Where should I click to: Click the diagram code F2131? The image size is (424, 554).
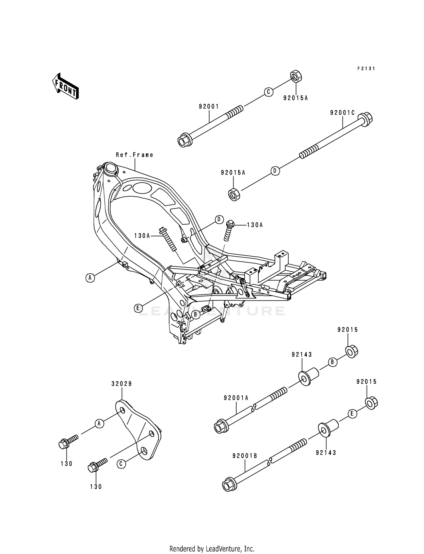pos(366,69)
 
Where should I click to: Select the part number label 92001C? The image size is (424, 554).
pos(342,113)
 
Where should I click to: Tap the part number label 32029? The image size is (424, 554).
pos(122,384)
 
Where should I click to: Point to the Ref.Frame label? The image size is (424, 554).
pos(135,155)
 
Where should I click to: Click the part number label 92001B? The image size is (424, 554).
pos(245,456)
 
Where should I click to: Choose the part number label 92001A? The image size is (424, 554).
pos(236,398)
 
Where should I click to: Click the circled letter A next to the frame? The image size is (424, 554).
pos(90,278)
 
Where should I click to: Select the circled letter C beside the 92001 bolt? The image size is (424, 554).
pos(269,92)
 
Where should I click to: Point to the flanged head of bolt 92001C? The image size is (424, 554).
pos(365,119)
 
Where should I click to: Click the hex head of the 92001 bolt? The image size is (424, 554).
pos(184,141)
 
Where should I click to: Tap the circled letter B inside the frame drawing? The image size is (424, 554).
pos(195,314)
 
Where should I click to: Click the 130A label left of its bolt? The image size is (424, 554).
pos(142,235)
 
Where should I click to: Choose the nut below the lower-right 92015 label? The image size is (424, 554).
pos(371,403)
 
